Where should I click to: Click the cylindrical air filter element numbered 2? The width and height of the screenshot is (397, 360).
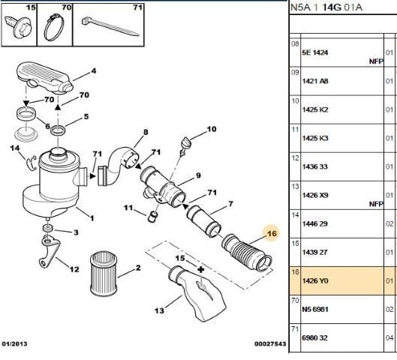point(104,273)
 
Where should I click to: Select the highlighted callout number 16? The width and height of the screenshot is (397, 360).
point(272,233)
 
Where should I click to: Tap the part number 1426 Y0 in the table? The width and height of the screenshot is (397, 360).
point(315,280)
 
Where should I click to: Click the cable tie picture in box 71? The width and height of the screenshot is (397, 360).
point(110,26)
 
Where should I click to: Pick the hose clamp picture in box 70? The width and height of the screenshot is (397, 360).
point(54,27)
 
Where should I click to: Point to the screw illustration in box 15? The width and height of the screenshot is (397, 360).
point(18,27)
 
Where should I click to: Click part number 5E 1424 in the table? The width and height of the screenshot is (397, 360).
point(315,52)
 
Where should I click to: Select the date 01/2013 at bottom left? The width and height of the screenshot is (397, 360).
point(14,343)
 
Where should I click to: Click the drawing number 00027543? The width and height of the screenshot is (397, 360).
point(270,343)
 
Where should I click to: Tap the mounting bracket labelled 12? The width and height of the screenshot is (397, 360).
point(50,251)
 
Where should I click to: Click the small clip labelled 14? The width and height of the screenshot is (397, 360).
point(32,163)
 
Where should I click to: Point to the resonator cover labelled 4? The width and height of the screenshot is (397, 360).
point(45,78)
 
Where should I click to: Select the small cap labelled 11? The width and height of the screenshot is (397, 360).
point(152,217)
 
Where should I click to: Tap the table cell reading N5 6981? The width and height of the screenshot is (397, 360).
point(315,310)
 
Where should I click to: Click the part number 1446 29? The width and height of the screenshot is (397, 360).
point(315,224)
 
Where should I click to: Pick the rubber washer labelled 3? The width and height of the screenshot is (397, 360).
point(47,228)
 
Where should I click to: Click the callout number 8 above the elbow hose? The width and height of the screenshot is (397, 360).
point(146,132)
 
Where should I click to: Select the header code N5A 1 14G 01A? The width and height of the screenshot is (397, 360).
point(326,7)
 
